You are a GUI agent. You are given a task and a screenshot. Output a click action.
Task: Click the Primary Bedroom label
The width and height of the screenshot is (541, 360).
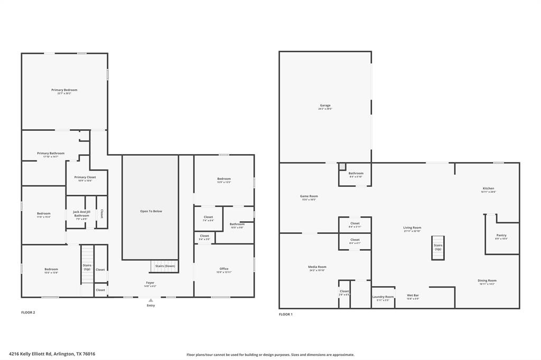[x=64, y=90]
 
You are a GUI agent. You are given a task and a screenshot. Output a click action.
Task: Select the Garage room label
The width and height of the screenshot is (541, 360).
[x=325, y=106]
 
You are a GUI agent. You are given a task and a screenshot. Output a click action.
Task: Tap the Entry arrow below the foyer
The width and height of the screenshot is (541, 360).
[x=151, y=300]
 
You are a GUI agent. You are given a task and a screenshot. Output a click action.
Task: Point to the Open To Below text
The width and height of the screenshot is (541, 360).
[x=151, y=211]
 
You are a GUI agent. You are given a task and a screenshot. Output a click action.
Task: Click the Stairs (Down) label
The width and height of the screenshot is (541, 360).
[x=165, y=266]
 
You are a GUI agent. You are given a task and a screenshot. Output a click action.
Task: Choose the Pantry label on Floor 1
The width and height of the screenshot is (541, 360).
[x=501, y=235]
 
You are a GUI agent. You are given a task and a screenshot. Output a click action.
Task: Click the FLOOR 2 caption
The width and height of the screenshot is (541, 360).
[x=28, y=312]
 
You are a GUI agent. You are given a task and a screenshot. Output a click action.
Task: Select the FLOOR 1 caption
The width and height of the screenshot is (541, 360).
[x=286, y=315]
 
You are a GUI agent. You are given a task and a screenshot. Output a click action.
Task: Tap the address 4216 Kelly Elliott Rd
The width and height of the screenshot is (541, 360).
[x=52, y=354]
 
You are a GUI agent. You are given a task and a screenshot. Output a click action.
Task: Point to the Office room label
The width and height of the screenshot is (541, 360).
[x=224, y=269]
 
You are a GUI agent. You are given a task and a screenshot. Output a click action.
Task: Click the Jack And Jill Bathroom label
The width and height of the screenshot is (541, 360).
[x=81, y=213]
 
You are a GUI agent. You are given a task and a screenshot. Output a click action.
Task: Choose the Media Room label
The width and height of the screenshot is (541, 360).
[x=318, y=267]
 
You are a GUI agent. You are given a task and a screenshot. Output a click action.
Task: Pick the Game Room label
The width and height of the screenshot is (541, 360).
[x=309, y=196]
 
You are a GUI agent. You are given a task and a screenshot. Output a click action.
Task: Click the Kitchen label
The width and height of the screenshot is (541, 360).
[x=488, y=188]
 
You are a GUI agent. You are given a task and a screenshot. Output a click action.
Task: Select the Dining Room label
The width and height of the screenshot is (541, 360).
[x=487, y=281]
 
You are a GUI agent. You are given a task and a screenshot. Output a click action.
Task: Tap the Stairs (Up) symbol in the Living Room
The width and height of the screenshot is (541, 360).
[x=438, y=248]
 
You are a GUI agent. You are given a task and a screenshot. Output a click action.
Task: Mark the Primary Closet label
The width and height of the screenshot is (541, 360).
[x=85, y=177]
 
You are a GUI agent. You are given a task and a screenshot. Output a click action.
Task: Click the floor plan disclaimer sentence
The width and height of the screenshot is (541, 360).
[x=270, y=355]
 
